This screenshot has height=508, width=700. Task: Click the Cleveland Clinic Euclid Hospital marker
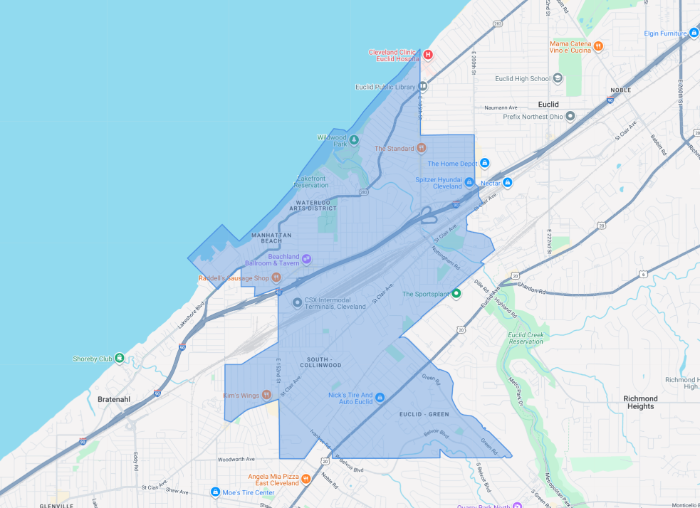428,55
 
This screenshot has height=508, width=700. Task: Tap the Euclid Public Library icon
422,87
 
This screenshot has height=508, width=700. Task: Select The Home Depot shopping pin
484,164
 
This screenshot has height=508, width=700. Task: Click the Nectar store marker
508,183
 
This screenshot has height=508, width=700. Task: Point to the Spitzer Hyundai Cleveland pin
469,182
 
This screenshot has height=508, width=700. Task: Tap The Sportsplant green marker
456,293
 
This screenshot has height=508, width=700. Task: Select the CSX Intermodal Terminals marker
297,303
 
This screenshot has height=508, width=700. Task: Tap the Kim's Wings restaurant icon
266,395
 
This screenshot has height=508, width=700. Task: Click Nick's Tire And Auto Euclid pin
380,397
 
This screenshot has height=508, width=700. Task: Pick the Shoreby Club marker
119,359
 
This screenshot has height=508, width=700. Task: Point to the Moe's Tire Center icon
215,492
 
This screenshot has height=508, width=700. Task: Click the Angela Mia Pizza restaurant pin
305,479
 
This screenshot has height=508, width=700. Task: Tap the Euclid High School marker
558,78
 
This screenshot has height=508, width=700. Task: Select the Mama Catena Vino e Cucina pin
599,46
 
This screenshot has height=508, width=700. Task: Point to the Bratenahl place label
113,399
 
